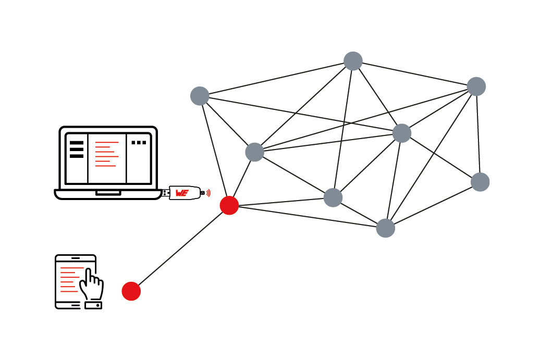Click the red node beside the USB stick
coord(229,205)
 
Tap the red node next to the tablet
coord(131,291)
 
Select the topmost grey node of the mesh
coord(353,61)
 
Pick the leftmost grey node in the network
coord(200,96)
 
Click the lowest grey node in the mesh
coord(386,228)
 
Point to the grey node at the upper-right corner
coord(476,86)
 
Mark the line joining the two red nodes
coord(180,248)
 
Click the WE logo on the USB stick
coord(182,193)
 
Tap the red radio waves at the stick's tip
coord(208,193)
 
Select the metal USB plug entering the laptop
coord(166,193)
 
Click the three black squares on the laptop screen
coord(139,142)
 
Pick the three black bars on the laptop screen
coord(77,149)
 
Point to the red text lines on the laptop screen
coord(106,154)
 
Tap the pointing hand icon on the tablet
coord(91,284)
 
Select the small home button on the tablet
coord(94,305)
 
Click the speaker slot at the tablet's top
coord(76,258)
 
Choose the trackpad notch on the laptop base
coord(108,193)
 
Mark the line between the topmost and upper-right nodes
coord(414,73)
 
